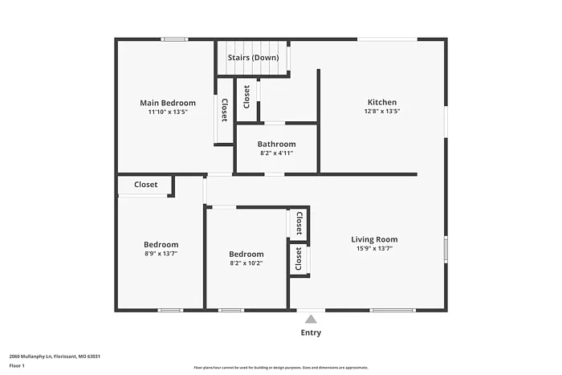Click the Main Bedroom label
[x=168, y=103]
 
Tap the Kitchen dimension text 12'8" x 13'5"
[x=383, y=112]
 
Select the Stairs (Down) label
[x=253, y=58]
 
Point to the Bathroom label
[x=276, y=145]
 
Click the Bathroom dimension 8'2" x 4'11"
[x=276, y=153]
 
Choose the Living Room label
[x=374, y=239]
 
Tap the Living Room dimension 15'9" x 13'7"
[x=374, y=248]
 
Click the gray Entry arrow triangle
[x=311, y=319]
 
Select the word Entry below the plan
[x=311, y=332]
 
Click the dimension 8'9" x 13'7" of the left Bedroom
[x=161, y=253]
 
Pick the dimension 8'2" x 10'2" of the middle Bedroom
[x=246, y=263]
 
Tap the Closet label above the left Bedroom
[x=146, y=185]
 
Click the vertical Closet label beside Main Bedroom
[x=224, y=110]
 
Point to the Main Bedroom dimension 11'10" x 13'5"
[x=168, y=112]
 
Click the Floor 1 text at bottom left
[x=17, y=366]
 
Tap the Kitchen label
[x=382, y=102]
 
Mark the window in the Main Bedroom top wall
[x=174, y=39]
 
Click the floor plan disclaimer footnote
[x=280, y=366]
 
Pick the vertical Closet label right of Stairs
[x=246, y=96]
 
